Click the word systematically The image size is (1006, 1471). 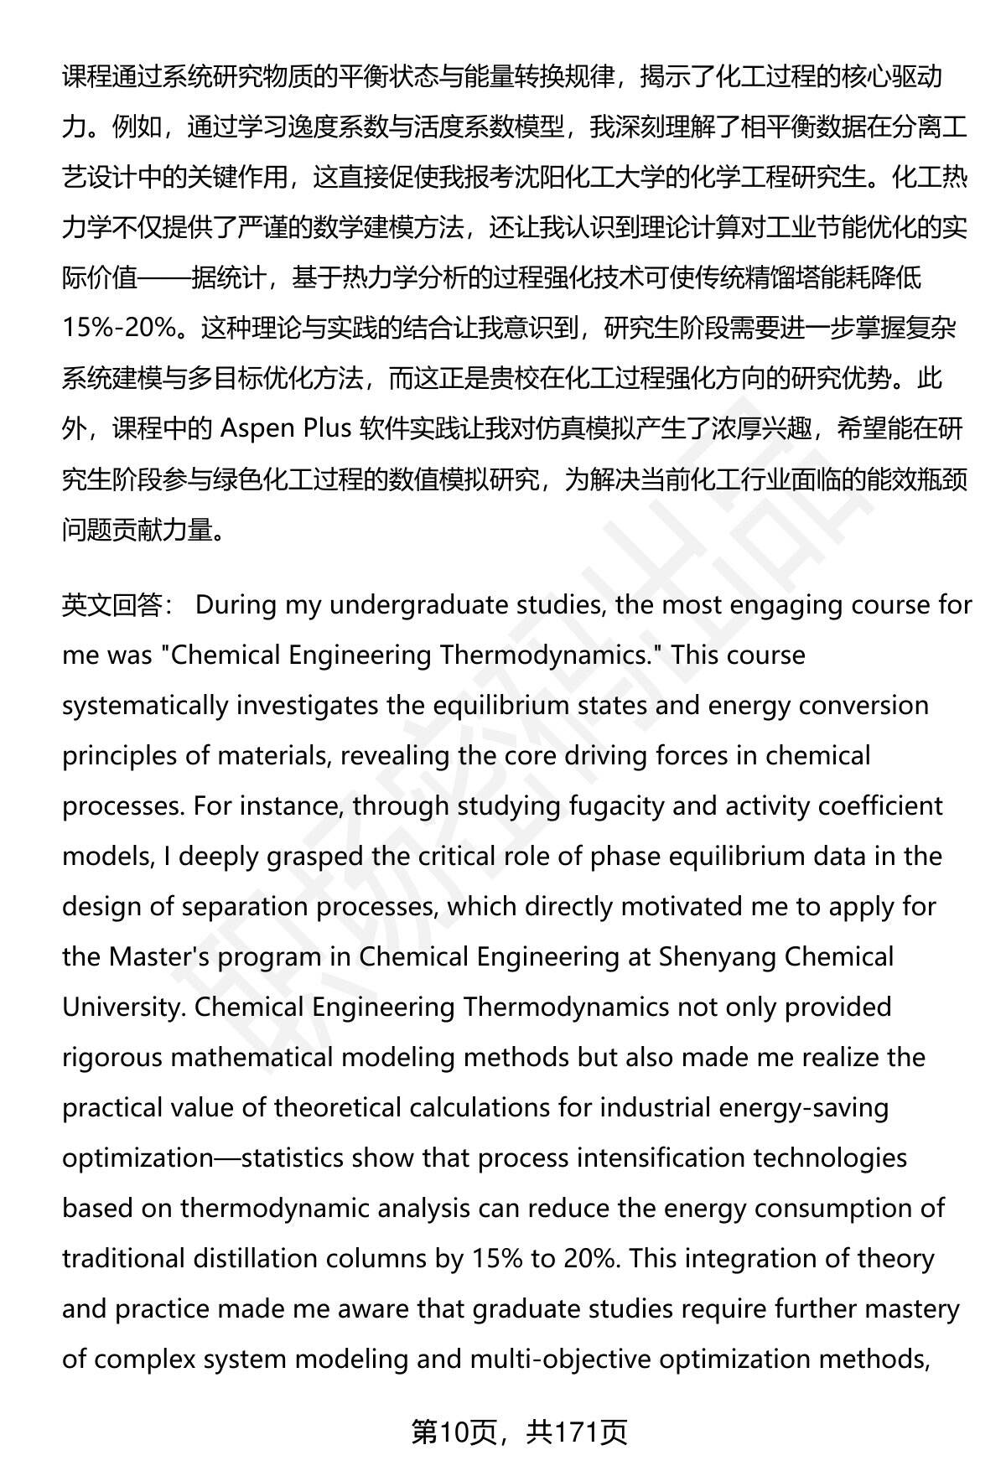point(144,706)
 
